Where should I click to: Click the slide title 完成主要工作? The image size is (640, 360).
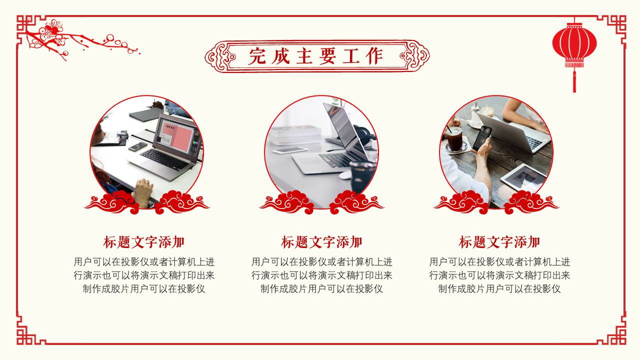(316, 56)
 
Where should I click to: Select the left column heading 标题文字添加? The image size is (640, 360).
(144, 242)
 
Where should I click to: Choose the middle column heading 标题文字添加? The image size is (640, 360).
(321, 242)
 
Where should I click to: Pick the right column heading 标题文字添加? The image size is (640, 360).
(499, 242)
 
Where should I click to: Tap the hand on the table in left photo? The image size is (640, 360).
(143, 191)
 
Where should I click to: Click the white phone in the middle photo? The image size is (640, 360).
(290, 149)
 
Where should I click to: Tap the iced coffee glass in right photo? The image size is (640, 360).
(454, 138)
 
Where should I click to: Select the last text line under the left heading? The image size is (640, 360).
(144, 289)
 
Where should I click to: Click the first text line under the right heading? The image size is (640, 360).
(499, 262)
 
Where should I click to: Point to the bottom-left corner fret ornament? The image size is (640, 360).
(27, 330)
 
